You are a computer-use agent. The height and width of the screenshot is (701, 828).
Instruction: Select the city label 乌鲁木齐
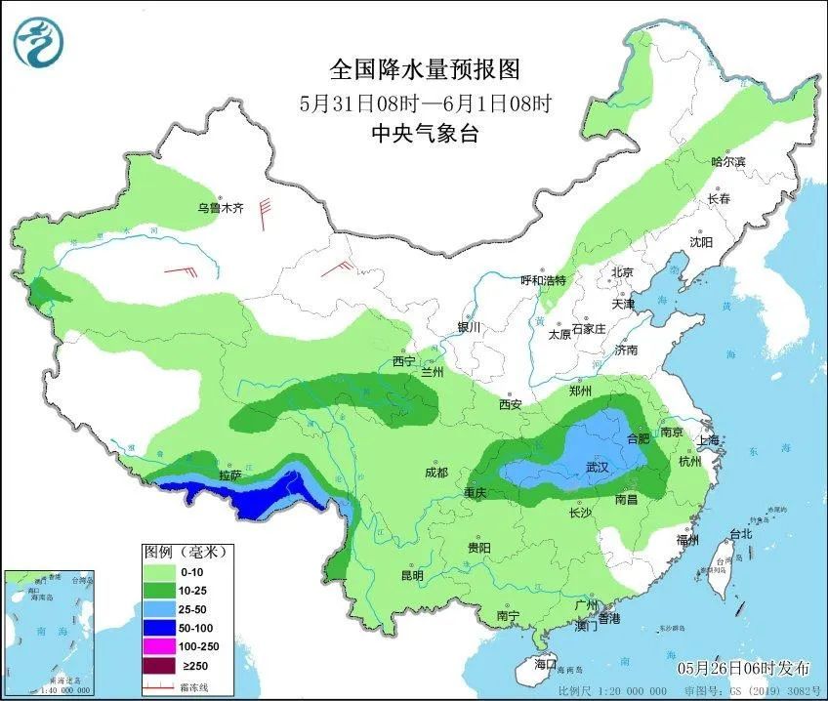[220, 208]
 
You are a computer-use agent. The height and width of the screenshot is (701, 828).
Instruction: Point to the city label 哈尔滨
[727, 161]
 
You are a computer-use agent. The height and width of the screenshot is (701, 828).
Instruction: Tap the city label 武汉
[598, 469]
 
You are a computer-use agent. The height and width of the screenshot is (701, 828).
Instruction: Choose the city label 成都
[435, 473]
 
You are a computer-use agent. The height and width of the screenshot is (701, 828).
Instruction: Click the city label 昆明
[412, 575]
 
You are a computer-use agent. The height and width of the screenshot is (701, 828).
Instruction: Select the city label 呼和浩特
[543, 280]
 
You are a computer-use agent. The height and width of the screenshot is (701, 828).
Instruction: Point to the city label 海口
[545, 664]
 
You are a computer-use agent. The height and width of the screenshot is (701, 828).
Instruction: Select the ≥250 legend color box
[163, 666]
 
